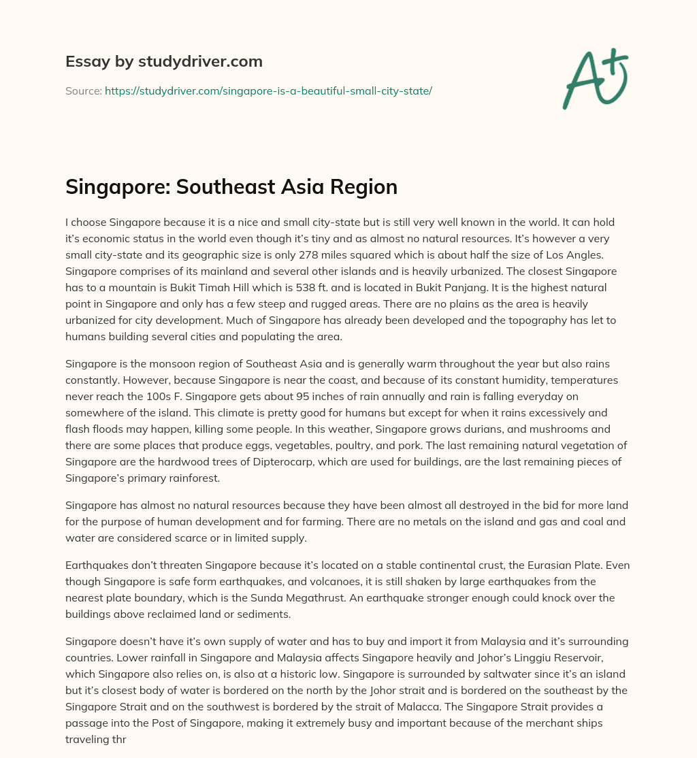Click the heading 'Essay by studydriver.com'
[163, 62]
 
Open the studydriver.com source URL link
[268, 90]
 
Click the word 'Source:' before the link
[83, 90]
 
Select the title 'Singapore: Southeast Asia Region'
[231, 187]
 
